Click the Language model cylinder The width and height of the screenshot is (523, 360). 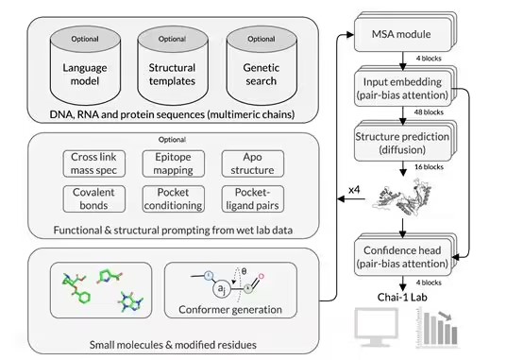pyautogui.click(x=85, y=66)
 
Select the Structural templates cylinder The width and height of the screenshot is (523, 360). pyautogui.click(x=173, y=66)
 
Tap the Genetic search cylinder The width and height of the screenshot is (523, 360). pyautogui.click(x=261, y=66)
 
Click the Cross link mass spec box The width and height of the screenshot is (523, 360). pyautogui.click(x=93, y=163)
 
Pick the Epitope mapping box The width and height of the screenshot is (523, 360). pyautogui.click(x=173, y=163)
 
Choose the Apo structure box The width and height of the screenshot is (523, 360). pyautogui.click(x=252, y=163)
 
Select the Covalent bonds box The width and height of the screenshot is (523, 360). pyautogui.click(x=93, y=199)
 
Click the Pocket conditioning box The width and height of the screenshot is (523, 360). pyautogui.click(x=173, y=199)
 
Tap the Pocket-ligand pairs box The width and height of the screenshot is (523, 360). pyautogui.click(x=252, y=199)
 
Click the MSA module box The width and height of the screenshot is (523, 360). pyautogui.click(x=403, y=33)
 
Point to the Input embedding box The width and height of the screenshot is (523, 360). pyautogui.click(x=403, y=88)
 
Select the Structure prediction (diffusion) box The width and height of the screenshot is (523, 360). pyautogui.click(x=403, y=143)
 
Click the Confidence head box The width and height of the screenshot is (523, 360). pyautogui.click(x=403, y=257)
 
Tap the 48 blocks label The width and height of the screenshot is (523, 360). pyautogui.click(x=429, y=112)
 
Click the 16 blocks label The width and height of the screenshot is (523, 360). pyautogui.click(x=429, y=167)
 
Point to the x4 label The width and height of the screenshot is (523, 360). pyautogui.click(x=354, y=190)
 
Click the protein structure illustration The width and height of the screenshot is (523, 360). pyautogui.click(x=402, y=197)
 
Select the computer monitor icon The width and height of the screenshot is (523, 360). pyautogui.click(x=377, y=327)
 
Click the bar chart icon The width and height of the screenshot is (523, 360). pyautogui.click(x=437, y=328)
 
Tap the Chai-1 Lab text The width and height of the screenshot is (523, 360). pyautogui.click(x=402, y=297)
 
